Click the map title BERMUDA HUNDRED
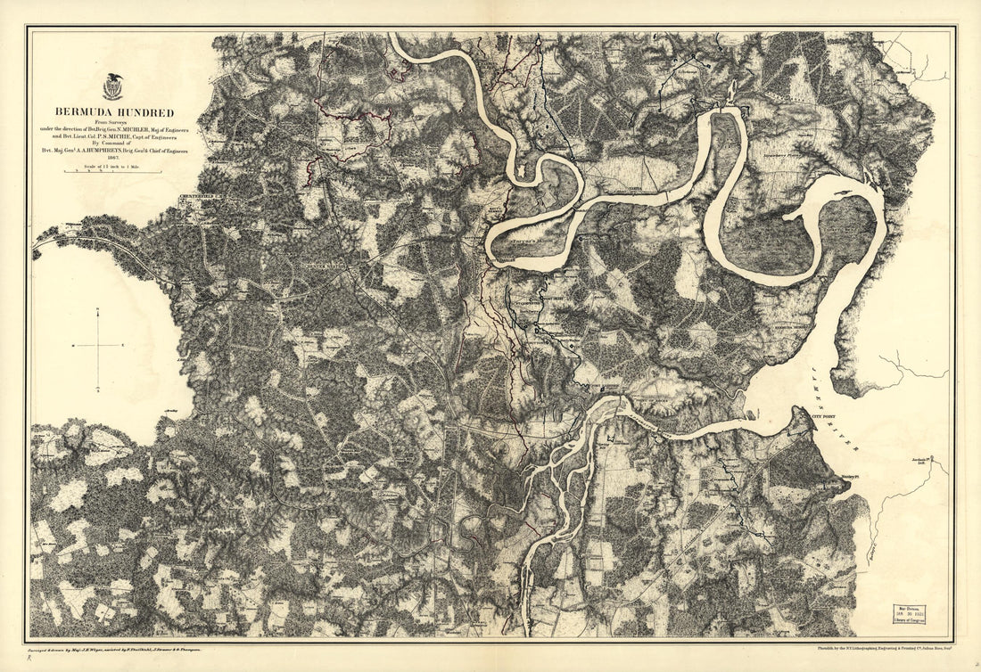(114, 113)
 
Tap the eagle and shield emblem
(112, 86)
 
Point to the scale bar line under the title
(114, 172)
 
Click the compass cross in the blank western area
(97, 344)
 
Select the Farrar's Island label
(532, 242)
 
